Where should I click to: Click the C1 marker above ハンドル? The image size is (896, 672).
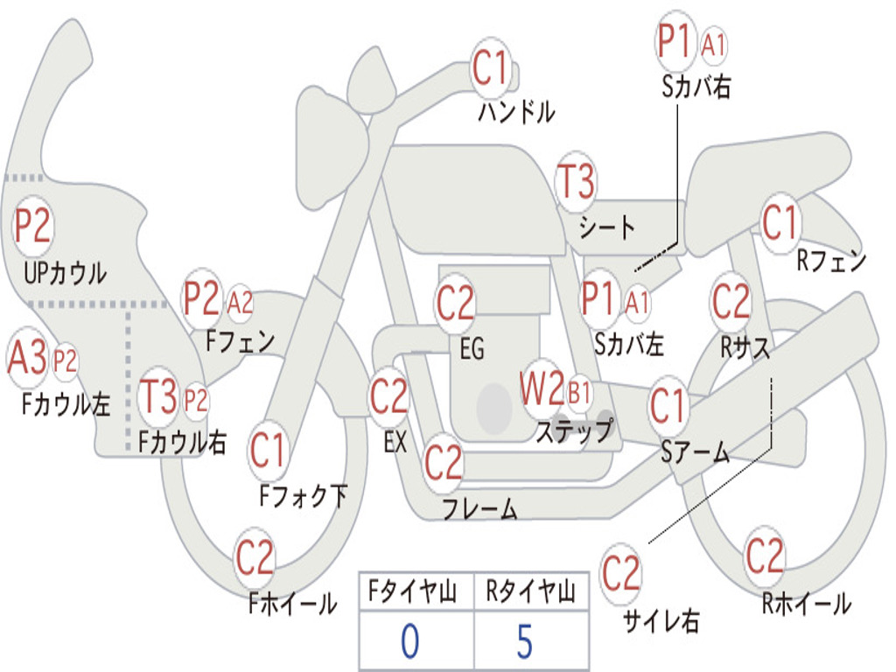pyautogui.click(x=491, y=68)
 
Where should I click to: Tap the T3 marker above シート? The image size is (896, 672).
pyautogui.click(x=576, y=182)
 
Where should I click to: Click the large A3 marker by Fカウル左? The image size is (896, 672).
pyautogui.click(x=27, y=358)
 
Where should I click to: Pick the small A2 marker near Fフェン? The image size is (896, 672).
pyautogui.click(x=240, y=302)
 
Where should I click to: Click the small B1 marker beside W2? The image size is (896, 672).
pyautogui.click(x=579, y=393)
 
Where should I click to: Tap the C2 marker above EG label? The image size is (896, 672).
pyautogui.click(x=455, y=303)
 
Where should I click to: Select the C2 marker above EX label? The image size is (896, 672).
pyautogui.click(x=389, y=396)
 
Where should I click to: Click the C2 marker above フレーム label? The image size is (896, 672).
pyautogui.click(x=443, y=462)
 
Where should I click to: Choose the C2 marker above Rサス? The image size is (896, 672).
pyautogui.click(x=731, y=301)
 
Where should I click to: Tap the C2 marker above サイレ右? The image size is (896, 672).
pyautogui.click(x=621, y=573)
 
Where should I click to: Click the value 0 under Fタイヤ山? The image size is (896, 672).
pyautogui.click(x=410, y=641)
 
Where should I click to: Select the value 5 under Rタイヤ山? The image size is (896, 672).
pyautogui.click(x=525, y=641)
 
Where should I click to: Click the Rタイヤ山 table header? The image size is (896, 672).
pyautogui.click(x=531, y=591)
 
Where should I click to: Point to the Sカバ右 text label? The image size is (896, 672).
pyautogui.click(x=696, y=87)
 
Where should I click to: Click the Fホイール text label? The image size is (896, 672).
pyautogui.click(x=292, y=604)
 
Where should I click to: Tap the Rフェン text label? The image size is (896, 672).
pyautogui.click(x=831, y=261)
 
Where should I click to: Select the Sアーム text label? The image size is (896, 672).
pyautogui.click(x=695, y=452)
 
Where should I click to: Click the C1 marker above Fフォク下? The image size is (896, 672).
pyautogui.click(x=268, y=450)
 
